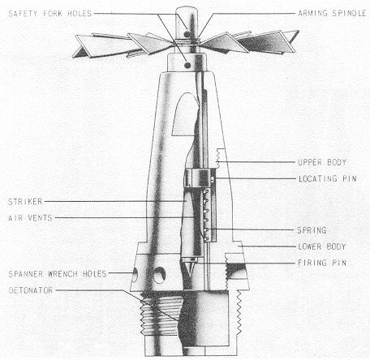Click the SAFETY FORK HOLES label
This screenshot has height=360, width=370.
(50, 14)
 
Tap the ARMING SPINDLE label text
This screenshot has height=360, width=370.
(332, 13)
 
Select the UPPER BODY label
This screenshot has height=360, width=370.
(322, 162)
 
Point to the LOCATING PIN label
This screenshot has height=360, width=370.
(328, 178)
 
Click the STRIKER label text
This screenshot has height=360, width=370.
(25, 202)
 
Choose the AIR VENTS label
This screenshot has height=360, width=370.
(30, 218)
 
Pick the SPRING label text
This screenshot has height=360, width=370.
(312, 230)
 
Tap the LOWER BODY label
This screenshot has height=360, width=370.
(322, 246)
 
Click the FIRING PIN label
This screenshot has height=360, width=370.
(322, 263)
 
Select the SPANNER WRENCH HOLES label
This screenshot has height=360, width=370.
(58, 274)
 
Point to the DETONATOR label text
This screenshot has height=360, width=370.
(31, 290)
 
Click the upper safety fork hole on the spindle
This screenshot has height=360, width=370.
(187, 34)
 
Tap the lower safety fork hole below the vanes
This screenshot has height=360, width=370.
(187, 65)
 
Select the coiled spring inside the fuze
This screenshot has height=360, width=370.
(205, 215)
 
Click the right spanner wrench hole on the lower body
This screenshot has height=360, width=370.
(159, 276)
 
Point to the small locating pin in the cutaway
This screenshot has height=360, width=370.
(213, 178)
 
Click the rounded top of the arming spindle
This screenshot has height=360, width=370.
(187, 11)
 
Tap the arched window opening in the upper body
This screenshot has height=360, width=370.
(184, 115)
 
